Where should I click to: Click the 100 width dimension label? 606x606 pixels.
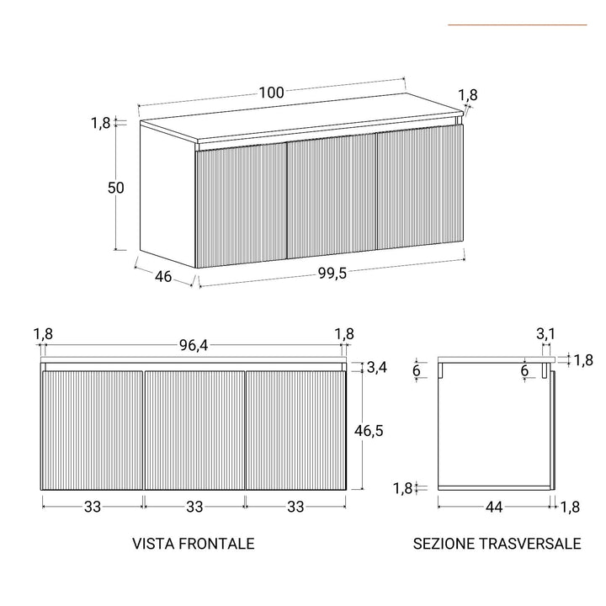pyautogui.click(x=271, y=93)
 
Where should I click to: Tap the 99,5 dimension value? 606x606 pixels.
pyautogui.click(x=332, y=271)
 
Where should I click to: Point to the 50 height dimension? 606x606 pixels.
pyautogui.click(x=116, y=188)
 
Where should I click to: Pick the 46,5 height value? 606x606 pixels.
pyautogui.click(x=368, y=430)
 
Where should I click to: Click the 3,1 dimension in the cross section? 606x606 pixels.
pyautogui.click(x=545, y=334)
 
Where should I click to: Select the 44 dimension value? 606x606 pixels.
pyautogui.click(x=494, y=507)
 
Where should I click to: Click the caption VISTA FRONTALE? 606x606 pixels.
pyautogui.click(x=194, y=544)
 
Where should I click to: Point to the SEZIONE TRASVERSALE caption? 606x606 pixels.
pyautogui.click(x=497, y=544)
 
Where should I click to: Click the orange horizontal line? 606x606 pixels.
pyautogui.click(x=517, y=24)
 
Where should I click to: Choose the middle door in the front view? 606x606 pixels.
pyautogui.click(x=194, y=430)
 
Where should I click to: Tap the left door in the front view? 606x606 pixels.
pyautogui.click(x=93, y=430)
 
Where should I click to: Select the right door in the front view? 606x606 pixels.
pyautogui.click(x=295, y=430)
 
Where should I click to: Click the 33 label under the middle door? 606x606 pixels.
pyautogui.click(x=194, y=507)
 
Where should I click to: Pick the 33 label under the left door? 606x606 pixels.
pyautogui.click(x=93, y=507)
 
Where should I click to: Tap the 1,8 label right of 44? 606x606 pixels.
pyautogui.click(x=570, y=507)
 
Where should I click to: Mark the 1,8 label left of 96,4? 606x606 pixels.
pyautogui.click(x=44, y=334)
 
